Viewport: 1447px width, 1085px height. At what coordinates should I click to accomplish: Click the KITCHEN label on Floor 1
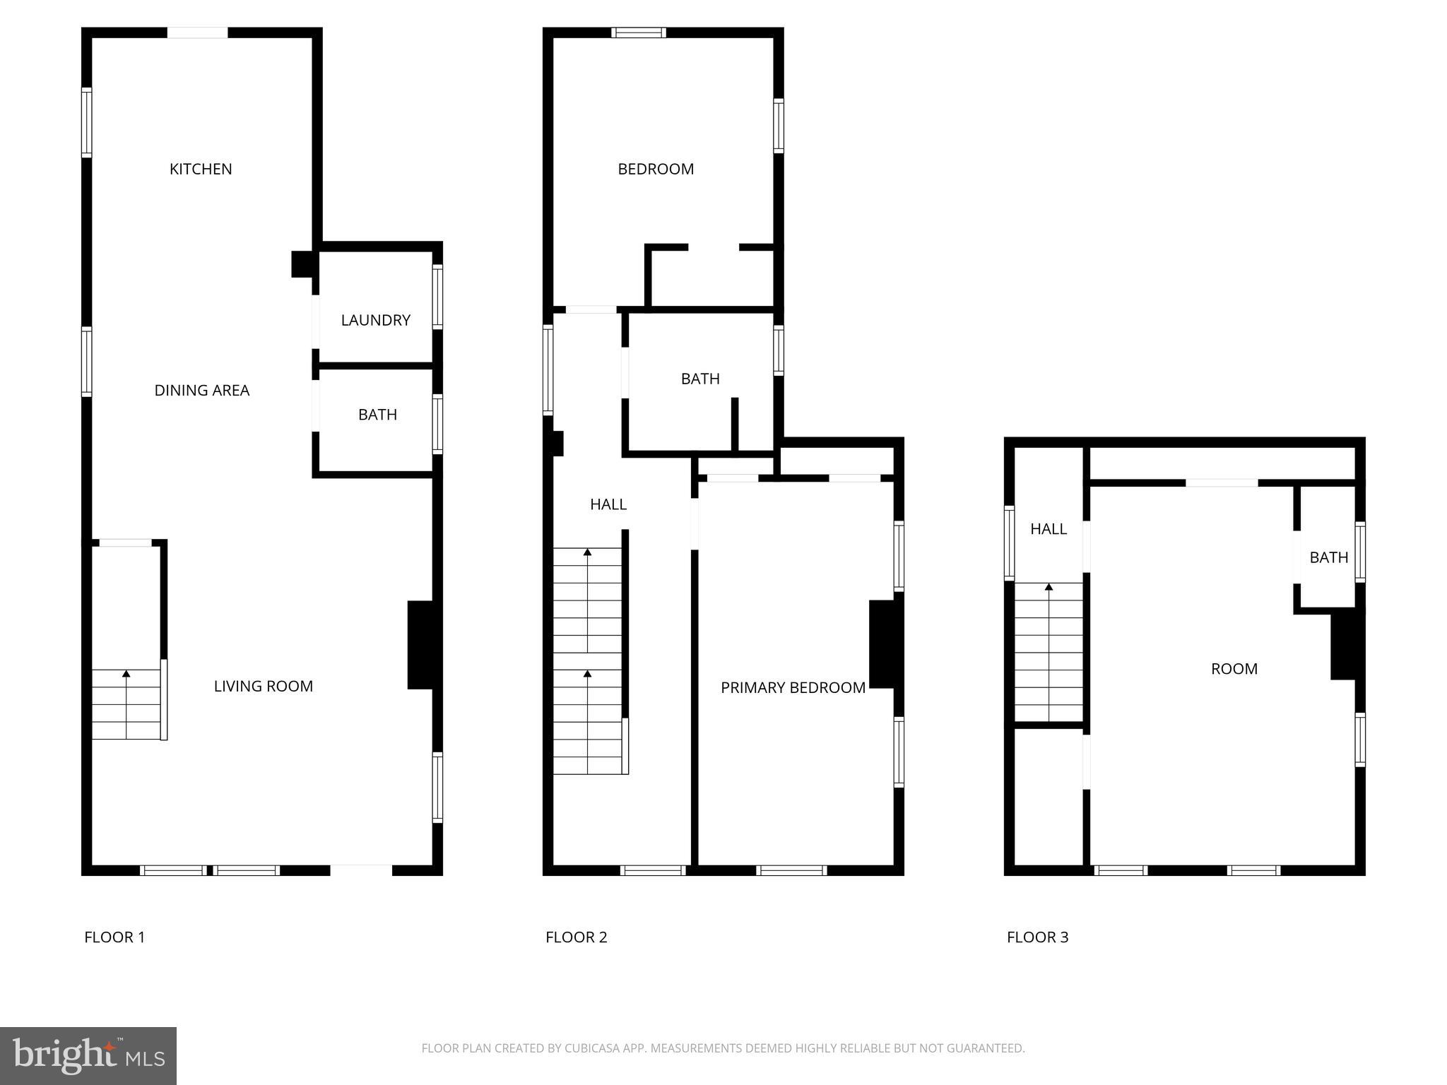201,169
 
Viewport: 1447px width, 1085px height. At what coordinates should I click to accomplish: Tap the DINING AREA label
201,390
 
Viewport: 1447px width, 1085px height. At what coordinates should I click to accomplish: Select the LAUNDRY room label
375,320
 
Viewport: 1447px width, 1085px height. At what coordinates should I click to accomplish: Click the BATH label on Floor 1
377,415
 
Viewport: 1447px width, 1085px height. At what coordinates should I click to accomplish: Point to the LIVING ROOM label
263,686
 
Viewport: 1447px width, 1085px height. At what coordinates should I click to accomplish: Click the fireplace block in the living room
420,644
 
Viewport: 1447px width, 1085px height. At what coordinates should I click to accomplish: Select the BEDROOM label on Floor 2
656,169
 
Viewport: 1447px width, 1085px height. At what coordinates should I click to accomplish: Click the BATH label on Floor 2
700,379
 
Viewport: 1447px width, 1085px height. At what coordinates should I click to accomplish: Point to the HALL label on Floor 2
608,504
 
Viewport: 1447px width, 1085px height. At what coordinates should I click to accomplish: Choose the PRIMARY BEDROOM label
793,687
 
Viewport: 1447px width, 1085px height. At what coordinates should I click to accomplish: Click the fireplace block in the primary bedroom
882,644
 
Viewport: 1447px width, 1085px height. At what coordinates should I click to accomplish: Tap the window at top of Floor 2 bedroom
639,32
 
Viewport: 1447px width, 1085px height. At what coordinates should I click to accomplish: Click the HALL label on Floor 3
1049,529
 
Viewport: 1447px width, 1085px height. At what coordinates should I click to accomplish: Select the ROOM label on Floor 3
1234,669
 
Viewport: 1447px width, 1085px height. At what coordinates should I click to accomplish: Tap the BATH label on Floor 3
1329,557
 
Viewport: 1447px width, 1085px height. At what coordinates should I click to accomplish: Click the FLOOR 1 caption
114,937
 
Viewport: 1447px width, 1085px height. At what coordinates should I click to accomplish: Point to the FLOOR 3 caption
1037,937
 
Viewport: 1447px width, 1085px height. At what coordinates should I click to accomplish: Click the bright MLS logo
88,1055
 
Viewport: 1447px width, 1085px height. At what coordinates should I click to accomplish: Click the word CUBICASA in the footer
592,1048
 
